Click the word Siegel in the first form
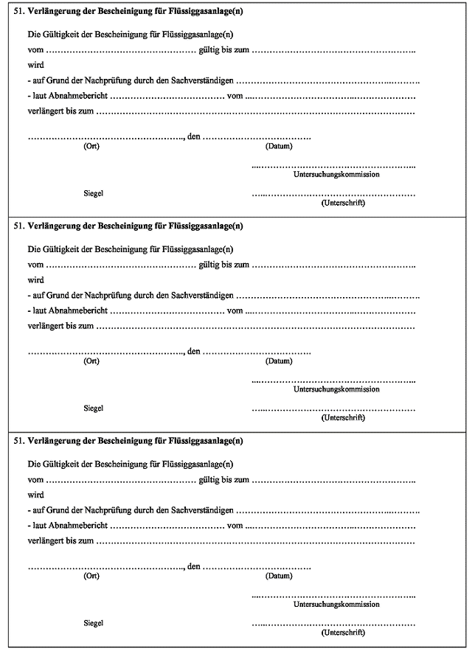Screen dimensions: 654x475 (93, 193)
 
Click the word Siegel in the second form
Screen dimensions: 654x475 (93, 408)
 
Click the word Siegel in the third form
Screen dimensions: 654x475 (93, 623)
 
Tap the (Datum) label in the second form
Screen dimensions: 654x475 (279, 361)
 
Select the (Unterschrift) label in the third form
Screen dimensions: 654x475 (343, 633)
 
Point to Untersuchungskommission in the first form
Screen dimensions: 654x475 (336, 174)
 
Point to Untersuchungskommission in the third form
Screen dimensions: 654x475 (336, 604)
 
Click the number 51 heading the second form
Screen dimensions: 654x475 (18, 226)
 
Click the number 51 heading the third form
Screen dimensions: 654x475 (18, 441)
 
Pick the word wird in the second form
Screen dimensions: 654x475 (35, 280)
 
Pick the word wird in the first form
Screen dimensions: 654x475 (35, 65)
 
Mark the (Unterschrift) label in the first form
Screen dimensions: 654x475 (343, 203)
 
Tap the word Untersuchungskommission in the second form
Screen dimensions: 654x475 (336, 389)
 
